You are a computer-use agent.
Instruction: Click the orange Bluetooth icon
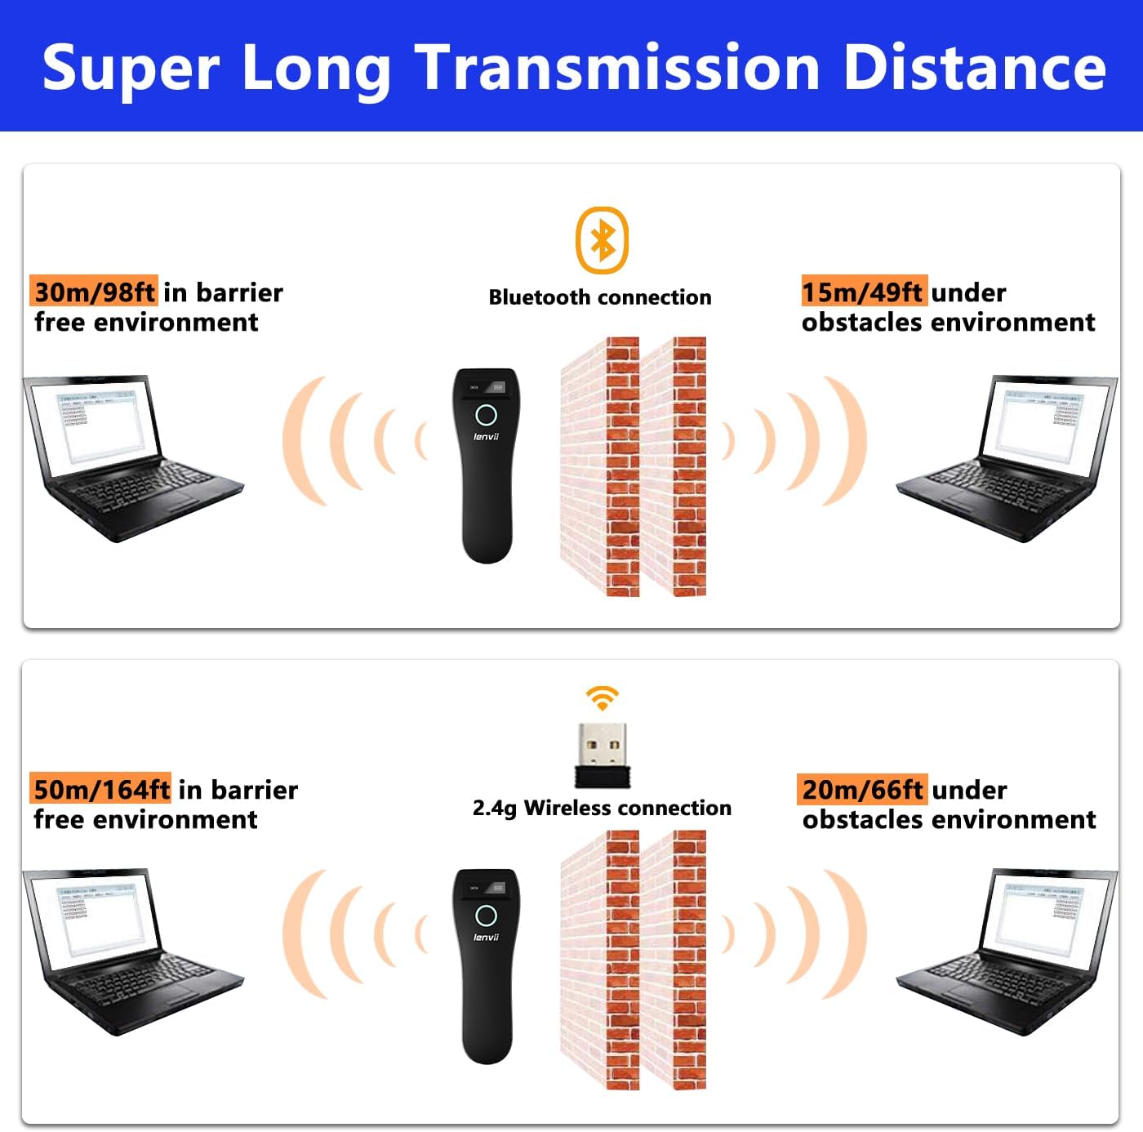click(x=602, y=240)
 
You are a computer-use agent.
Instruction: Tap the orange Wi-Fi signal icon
click(x=602, y=698)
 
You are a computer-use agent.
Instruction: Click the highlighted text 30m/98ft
click(x=94, y=292)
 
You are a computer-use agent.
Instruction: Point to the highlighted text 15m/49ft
click(x=863, y=292)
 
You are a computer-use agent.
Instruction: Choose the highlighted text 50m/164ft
click(x=101, y=789)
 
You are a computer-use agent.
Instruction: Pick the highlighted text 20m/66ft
click(x=862, y=789)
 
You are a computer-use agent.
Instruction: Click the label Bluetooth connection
click(x=600, y=297)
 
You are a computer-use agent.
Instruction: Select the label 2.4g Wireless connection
click(x=602, y=808)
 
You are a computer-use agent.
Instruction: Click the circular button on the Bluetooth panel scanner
click(x=487, y=415)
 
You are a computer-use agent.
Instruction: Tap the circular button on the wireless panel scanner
click(x=487, y=916)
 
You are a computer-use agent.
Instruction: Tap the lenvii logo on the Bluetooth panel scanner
click(x=487, y=437)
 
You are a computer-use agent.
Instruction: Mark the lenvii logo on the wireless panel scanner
click(x=487, y=938)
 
